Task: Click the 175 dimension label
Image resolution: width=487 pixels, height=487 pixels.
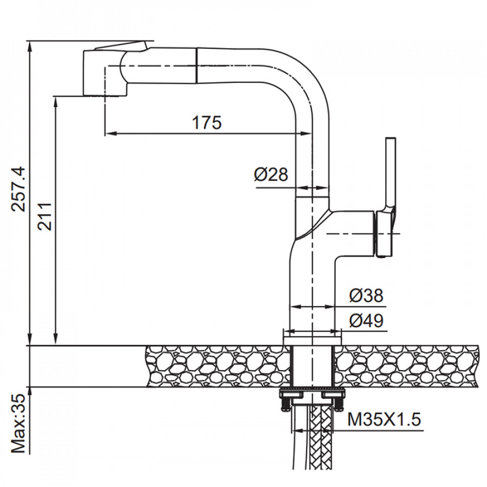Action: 207,123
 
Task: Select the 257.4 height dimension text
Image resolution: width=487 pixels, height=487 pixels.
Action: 18,189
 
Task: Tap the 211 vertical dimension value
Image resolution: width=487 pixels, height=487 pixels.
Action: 44,216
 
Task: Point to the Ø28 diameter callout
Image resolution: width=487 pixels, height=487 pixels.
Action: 271,174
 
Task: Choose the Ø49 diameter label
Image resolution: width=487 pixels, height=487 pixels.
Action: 366,320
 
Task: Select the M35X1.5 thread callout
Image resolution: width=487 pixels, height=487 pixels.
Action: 384,419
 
